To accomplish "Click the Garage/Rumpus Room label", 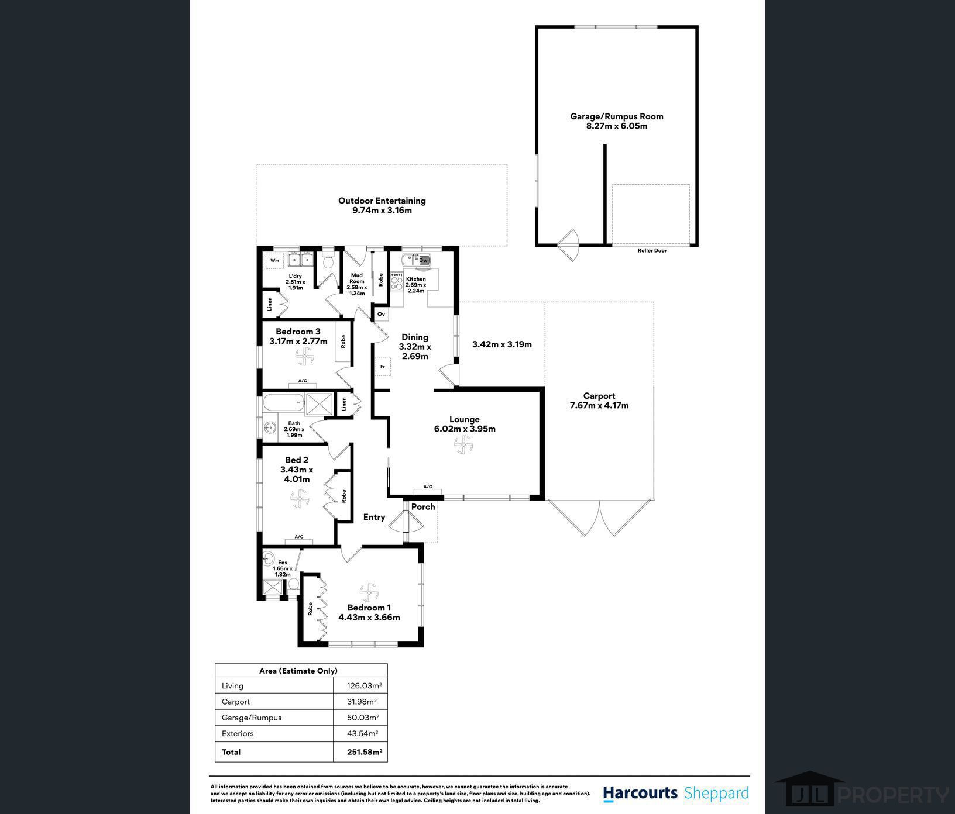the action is point(617,116).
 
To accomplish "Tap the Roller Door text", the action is point(652,250).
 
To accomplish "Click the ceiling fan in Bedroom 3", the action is point(304,355).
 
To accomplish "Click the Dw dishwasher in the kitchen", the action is point(424,260).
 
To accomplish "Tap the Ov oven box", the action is point(381,314).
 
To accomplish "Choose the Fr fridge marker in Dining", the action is point(382,367).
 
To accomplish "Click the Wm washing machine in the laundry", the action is point(274,260).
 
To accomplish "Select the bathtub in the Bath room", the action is point(284,403).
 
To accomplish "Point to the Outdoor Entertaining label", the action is point(382,201).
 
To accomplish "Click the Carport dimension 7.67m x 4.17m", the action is point(599,405).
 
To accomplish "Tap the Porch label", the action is point(423,506).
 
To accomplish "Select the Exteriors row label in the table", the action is point(238,733).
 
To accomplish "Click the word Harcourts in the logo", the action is point(640,793).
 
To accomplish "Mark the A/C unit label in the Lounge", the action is point(428,487).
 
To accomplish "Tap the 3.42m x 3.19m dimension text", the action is point(502,344).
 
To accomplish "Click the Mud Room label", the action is point(357,278).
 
